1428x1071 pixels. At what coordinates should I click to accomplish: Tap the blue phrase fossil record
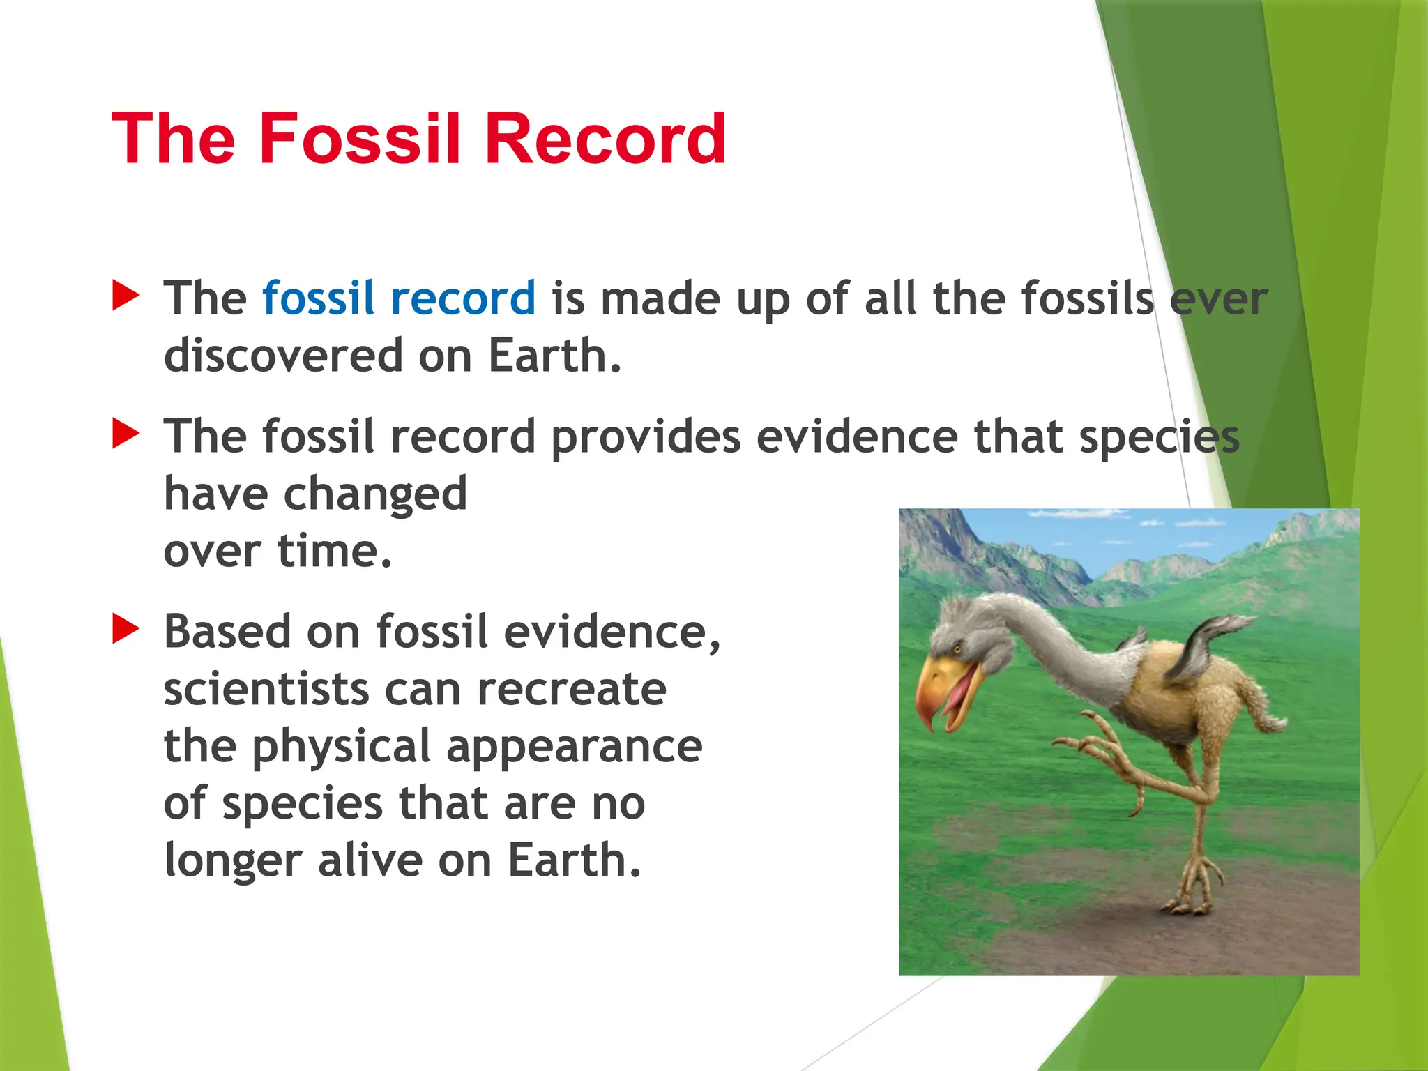click(x=398, y=298)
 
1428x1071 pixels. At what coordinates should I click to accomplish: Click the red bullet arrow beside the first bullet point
click(x=126, y=296)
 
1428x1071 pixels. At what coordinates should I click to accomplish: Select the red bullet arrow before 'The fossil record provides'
click(x=126, y=434)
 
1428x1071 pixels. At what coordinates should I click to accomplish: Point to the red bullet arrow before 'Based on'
click(x=126, y=629)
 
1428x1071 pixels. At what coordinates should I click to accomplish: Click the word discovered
click(x=283, y=355)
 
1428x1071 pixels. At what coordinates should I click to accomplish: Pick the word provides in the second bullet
click(x=646, y=437)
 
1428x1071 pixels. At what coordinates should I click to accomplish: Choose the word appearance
click(x=574, y=746)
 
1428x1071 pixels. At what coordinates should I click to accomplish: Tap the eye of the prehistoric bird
click(x=958, y=649)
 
